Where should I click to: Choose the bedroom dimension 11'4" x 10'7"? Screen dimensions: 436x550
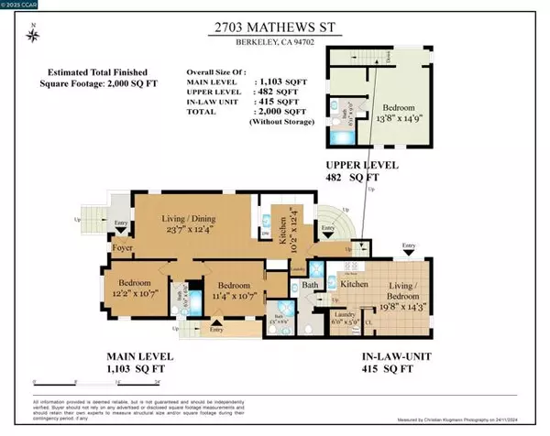(228, 293)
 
